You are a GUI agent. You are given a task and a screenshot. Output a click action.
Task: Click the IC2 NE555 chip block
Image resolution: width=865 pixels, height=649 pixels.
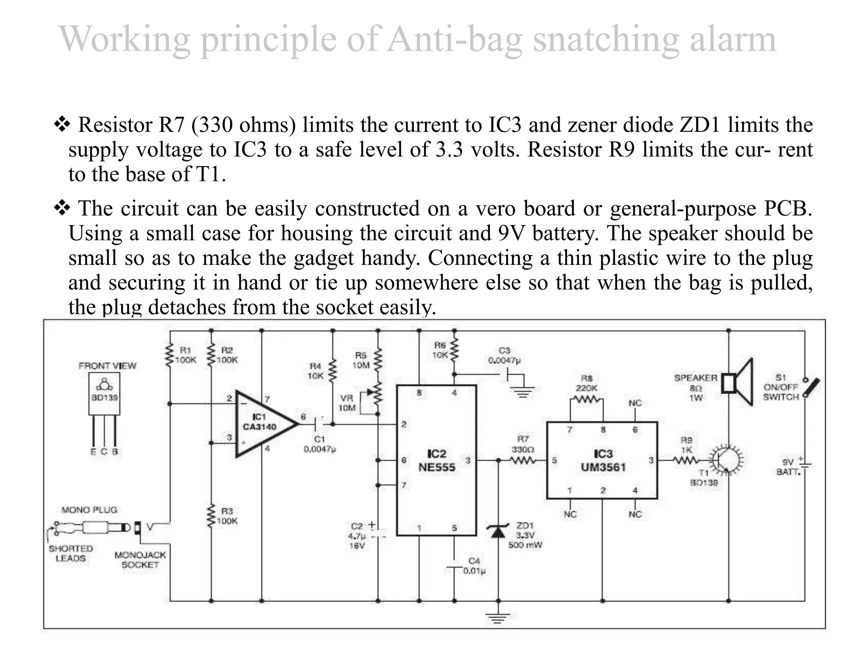click(x=436, y=461)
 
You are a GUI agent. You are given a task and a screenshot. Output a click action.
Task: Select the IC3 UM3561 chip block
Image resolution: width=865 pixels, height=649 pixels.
click(x=602, y=461)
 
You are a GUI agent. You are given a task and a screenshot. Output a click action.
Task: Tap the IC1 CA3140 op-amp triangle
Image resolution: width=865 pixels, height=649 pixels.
click(x=262, y=424)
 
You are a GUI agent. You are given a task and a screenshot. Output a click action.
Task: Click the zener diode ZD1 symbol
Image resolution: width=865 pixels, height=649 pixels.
click(x=498, y=532)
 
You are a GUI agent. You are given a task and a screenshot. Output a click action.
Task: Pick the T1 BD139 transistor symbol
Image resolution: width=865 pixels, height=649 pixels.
click(x=726, y=460)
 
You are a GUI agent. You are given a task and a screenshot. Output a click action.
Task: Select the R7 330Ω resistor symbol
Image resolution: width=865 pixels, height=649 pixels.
click(x=523, y=460)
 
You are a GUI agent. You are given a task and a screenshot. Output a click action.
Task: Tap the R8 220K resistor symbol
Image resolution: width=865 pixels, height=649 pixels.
click(x=587, y=399)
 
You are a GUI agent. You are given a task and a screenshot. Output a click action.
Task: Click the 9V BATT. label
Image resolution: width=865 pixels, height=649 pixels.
click(x=788, y=467)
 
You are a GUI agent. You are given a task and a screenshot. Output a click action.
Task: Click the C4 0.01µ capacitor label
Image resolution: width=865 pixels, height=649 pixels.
click(x=474, y=566)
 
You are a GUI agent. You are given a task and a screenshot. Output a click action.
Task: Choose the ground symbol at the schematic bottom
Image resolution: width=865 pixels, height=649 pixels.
click(x=498, y=618)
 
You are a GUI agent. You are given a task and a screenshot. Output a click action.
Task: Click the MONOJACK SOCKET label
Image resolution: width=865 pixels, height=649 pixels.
click(x=140, y=560)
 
